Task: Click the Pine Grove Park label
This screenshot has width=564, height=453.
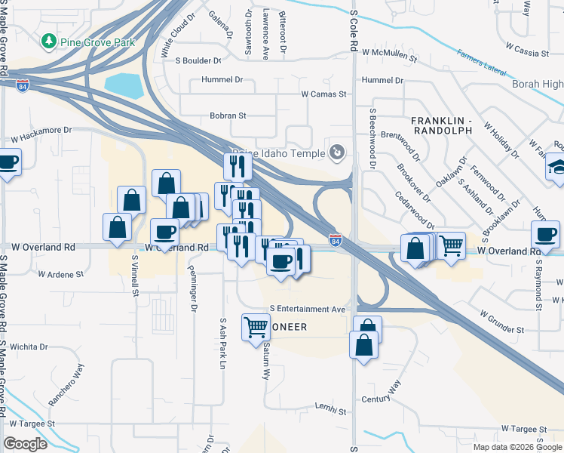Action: [x=98, y=42]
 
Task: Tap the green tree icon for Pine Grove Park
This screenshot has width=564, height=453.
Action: [x=50, y=40]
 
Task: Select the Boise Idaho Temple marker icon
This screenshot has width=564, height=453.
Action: [x=337, y=153]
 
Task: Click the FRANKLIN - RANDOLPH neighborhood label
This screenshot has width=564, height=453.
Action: [x=441, y=125]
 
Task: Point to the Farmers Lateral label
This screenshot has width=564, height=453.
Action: [x=481, y=61]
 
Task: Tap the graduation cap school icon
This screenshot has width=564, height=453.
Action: [x=556, y=166]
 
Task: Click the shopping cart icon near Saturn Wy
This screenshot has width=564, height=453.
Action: [x=255, y=326]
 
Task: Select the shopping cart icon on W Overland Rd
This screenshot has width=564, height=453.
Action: [x=450, y=245]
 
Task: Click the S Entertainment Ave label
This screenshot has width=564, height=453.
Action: [x=308, y=310]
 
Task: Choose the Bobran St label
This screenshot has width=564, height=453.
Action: [x=228, y=116]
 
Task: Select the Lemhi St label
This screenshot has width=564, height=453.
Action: [x=331, y=411]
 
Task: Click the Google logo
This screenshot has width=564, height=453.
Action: [x=26, y=443]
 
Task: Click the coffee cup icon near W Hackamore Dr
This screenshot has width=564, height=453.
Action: [x=8, y=162]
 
